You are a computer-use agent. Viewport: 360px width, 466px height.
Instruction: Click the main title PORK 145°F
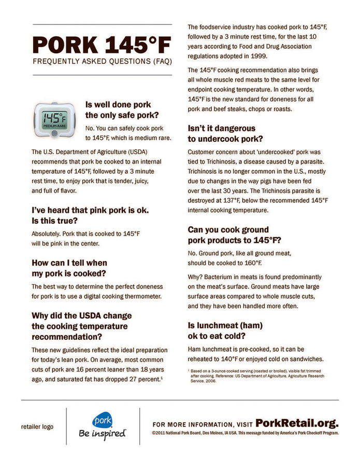(102, 46)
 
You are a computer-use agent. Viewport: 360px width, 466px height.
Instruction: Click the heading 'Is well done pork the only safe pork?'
(122, 110)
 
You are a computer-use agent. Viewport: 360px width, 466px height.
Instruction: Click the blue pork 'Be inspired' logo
(103, 426)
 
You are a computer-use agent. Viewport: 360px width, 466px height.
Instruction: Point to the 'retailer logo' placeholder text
(37, 427)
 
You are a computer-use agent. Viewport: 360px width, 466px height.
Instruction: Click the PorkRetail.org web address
(297, 422)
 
